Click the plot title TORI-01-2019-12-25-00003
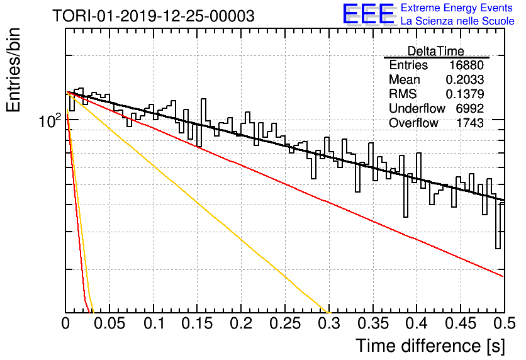pyautogui.click(x=154, y=16)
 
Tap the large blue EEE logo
pyautogui.click(x=368, y=14)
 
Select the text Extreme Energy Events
pyautogui.click(x=457, y=8)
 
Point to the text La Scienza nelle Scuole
pyautogui.click(x=457, y=21)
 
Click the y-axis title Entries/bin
pyautogui.click(x=14, y=70)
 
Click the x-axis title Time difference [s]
pyautogui.click(x=430, y=346)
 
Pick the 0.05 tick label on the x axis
pyautogui.click(x=109, y=323)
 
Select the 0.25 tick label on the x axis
pyautogui.click(x=285, y=323)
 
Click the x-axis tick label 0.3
pyautogui.click(x=329, y=323)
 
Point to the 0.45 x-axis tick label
pyautogui.click(x=461, y=323)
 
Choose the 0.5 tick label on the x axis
pyautogui.click(x=505, y=323)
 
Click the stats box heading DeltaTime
pyautogui.click(x=436, y=51)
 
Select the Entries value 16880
pyautogui.click(x=466, y=65)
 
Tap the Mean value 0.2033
pyautogui.click(x=465, y=79)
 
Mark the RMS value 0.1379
pyautogui.click(x=465, y=94)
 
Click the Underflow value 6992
pyautogui.click(x=469, y=108)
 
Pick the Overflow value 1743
pyautogui.click(x=469, y=123)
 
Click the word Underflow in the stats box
pyautogui.click(x=417, y=108)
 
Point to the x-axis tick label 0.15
pyautogui.click(x=198, y=323)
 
